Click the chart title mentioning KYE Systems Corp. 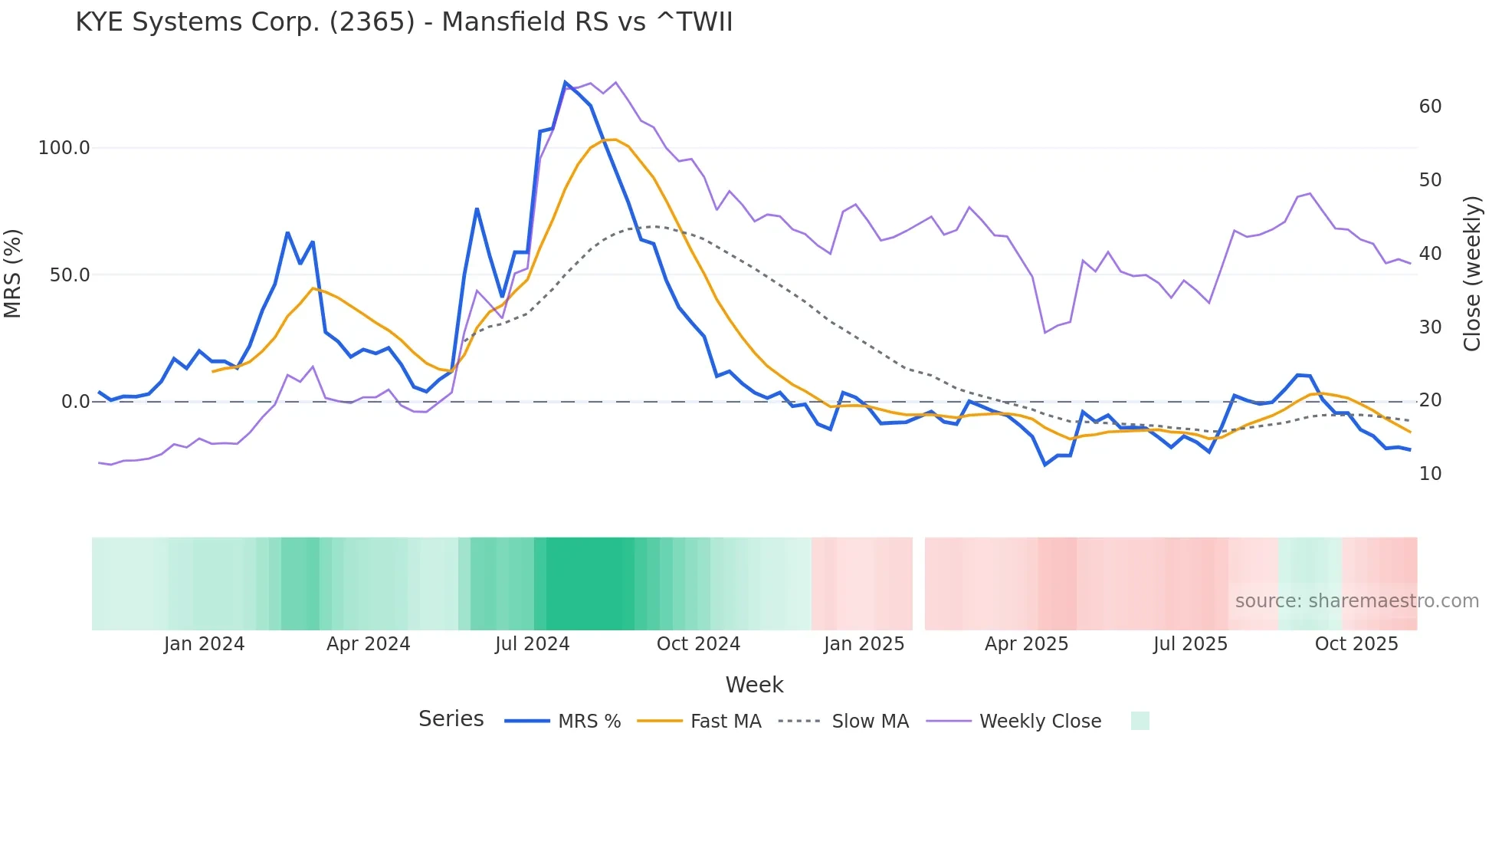[x=404, y=22]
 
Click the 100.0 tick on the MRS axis [x=64, y=148]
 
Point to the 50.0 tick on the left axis [x=69, y=275]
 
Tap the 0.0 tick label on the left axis [x=75, y=402]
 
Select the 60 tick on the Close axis [x=1430, y=107]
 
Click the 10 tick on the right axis [x=1430, y=474]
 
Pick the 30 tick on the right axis [x=1430, y=327]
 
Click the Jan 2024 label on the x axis [x=204, y=644]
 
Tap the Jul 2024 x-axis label [x=532, y=644]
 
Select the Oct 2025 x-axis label [x=1356, y=644]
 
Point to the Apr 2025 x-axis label [x=1026, y=644]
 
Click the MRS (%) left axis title [x=13, y=273]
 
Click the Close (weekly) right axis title [x=1472, y=274]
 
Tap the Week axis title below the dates [x=754, y=685]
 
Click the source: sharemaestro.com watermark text [x=1356, y=601]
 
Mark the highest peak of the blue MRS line [x=566, y=82]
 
